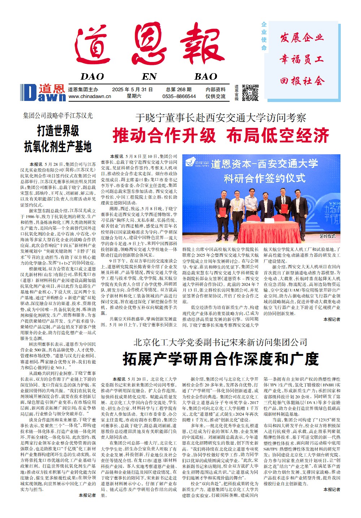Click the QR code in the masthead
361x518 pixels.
[x=250, y=92]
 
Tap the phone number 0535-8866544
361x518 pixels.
[x=179, y=97]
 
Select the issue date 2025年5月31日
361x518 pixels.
[x=132, y=89]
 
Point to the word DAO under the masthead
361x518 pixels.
[x=92, y=76]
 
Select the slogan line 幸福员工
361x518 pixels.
[x=301, y=59]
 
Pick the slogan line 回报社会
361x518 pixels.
[x=301, y=81]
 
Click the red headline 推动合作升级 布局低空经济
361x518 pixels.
[x=221, y=136]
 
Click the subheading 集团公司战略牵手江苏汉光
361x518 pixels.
[x=58, y=116]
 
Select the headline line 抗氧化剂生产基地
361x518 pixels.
[x=58, y=147]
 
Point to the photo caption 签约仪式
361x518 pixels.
[x=327, y=236]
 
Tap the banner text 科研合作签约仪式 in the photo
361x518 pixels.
[x=264, y=178]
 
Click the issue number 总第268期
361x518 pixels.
[x=179, y=89]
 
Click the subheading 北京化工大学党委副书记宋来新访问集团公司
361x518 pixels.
[x=220, y=342]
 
